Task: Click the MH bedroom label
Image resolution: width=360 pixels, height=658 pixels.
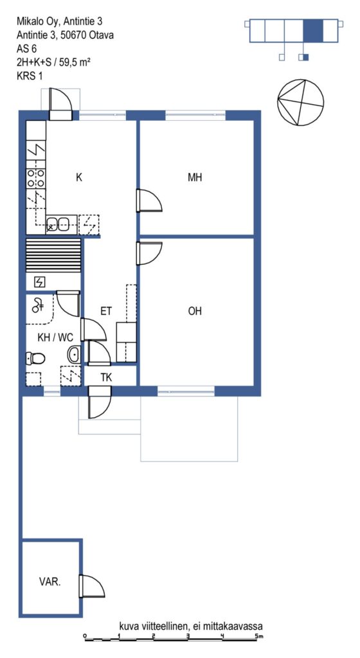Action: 195,177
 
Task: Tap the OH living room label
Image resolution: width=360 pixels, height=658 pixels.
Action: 195,311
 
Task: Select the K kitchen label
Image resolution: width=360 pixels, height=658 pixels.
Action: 79,177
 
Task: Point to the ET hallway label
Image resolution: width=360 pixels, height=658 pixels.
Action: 106,311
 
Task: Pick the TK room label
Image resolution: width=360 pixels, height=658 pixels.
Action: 106,377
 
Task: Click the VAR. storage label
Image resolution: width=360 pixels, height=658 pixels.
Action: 50,582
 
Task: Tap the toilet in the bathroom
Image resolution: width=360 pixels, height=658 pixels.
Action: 35,359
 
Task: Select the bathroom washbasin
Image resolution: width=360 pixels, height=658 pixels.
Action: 74,355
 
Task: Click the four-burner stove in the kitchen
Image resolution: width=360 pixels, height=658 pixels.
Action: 36,178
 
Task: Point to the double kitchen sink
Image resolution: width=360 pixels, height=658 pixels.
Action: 57,224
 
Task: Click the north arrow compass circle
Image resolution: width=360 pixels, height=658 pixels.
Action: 301,102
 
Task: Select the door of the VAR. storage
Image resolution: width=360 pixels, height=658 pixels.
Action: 92,586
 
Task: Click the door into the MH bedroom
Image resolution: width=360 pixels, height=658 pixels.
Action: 149,200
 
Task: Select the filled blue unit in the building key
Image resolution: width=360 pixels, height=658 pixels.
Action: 313,30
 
